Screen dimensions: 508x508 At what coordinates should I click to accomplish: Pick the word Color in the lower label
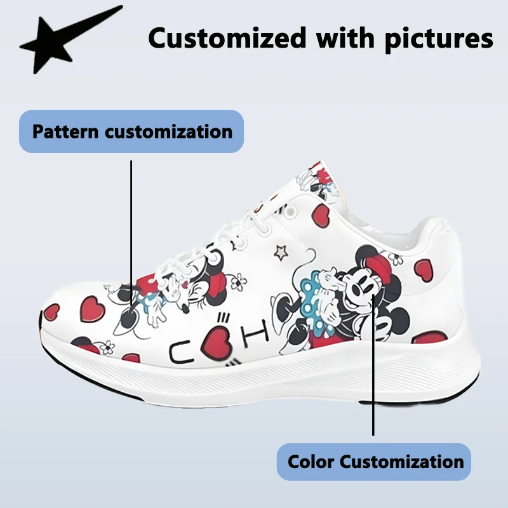[x=311, y=461]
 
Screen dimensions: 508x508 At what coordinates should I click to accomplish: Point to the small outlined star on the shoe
[x=280, y=252]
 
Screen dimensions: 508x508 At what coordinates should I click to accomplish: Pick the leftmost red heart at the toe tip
[x=52, y=312]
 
